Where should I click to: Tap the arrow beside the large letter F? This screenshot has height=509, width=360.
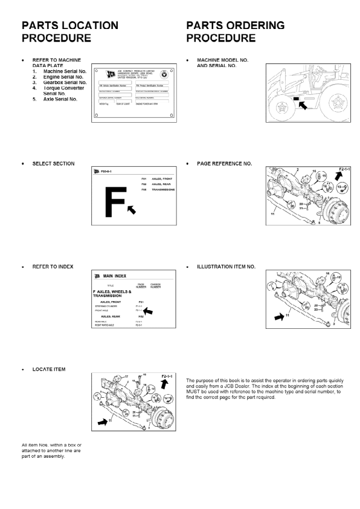(131, 209)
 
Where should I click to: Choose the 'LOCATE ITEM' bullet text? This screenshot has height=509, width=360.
(50, 369)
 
